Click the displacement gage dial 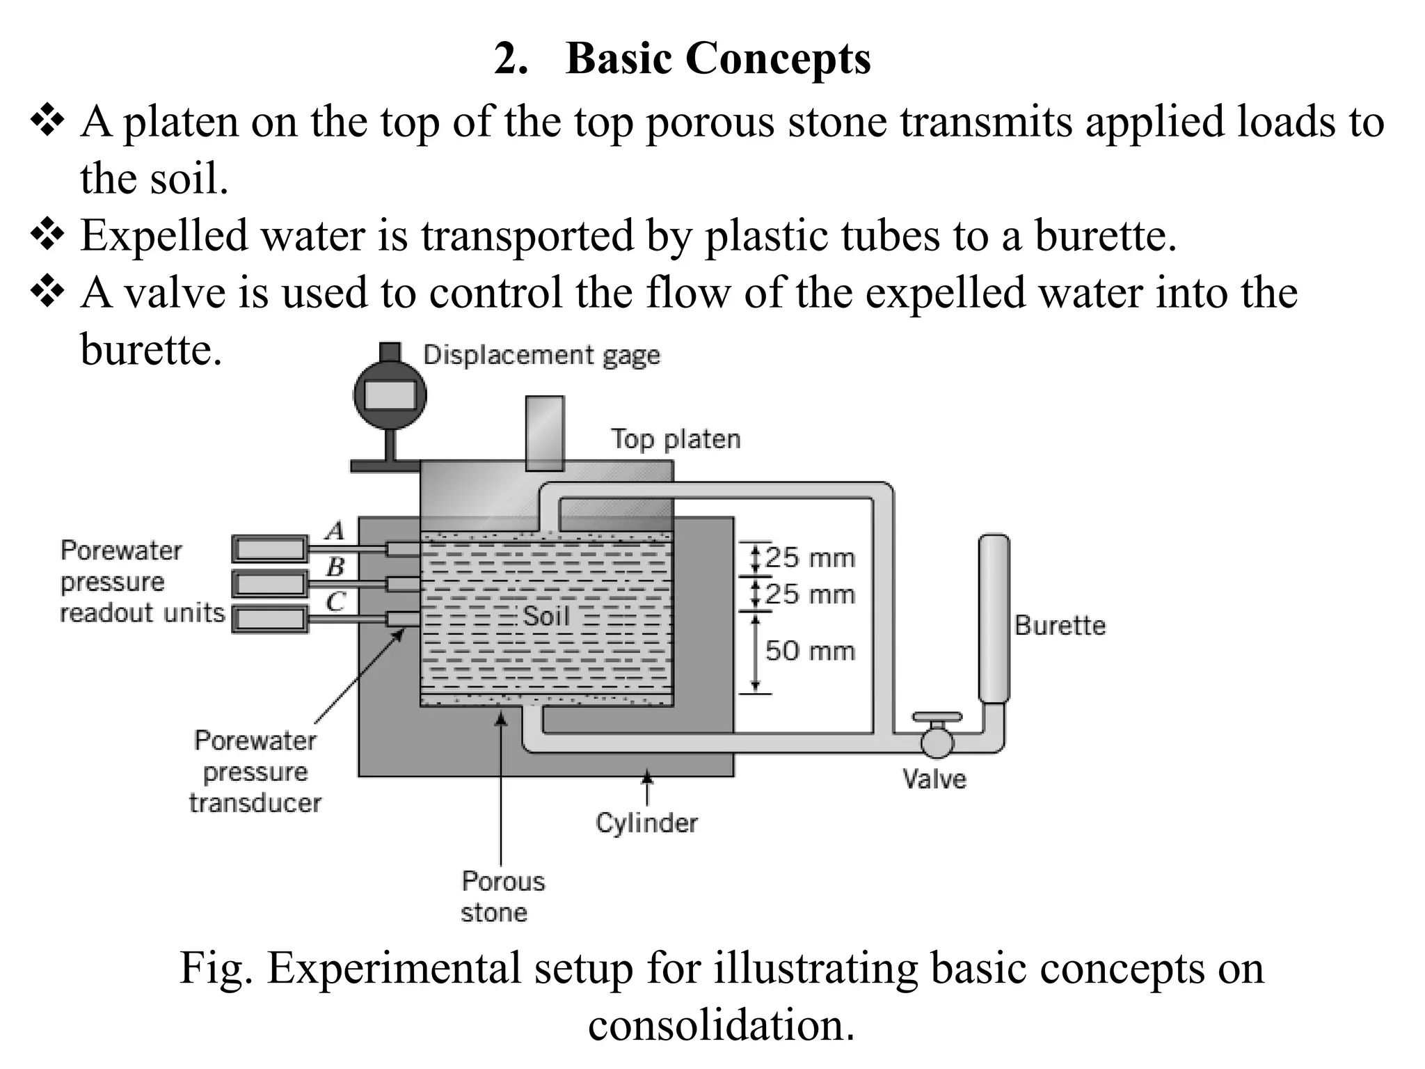(390, 395)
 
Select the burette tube (994, 618)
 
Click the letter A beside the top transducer (335, 531)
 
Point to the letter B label (335, 567)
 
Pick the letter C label (335, 601)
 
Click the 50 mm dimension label (809, 651)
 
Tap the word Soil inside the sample (546, 616)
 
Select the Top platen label (676, 439)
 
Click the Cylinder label (646, 823)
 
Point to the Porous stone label (502, 896)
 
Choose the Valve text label (934, 779)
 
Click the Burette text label (1060, 625)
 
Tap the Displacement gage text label (541, 356)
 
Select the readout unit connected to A (269, 549)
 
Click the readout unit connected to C (269, 618)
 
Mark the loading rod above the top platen (545, 434)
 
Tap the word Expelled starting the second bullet (164, 235)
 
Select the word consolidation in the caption (721, 1025)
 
